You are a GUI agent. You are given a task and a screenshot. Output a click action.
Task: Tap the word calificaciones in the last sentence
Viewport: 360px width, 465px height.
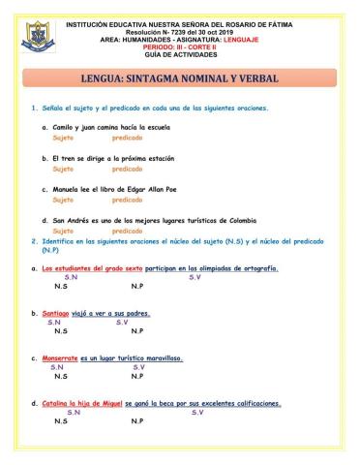(x=252, y=403)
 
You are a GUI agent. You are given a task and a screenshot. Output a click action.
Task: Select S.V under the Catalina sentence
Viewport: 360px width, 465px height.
(x=197, y=413)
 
